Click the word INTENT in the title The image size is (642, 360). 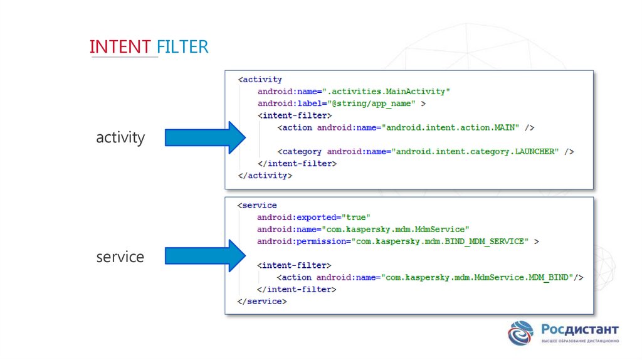[x=120, y=46]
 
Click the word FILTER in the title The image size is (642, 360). [x=182, y=46]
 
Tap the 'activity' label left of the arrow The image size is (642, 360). [x=120, y=137]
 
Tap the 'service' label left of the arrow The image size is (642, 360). [x=120, y=257]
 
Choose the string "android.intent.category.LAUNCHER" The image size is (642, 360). [x=476, y=152]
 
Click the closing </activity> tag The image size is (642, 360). [x=265, y=176]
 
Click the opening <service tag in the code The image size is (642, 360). [x=257, y=205]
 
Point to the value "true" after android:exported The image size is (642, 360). [x=359, y=217]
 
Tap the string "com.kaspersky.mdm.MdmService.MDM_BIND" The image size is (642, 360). [x=476, y=277]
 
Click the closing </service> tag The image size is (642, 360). [x=262, y=302]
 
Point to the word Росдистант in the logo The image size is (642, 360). [x=579, y=330]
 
